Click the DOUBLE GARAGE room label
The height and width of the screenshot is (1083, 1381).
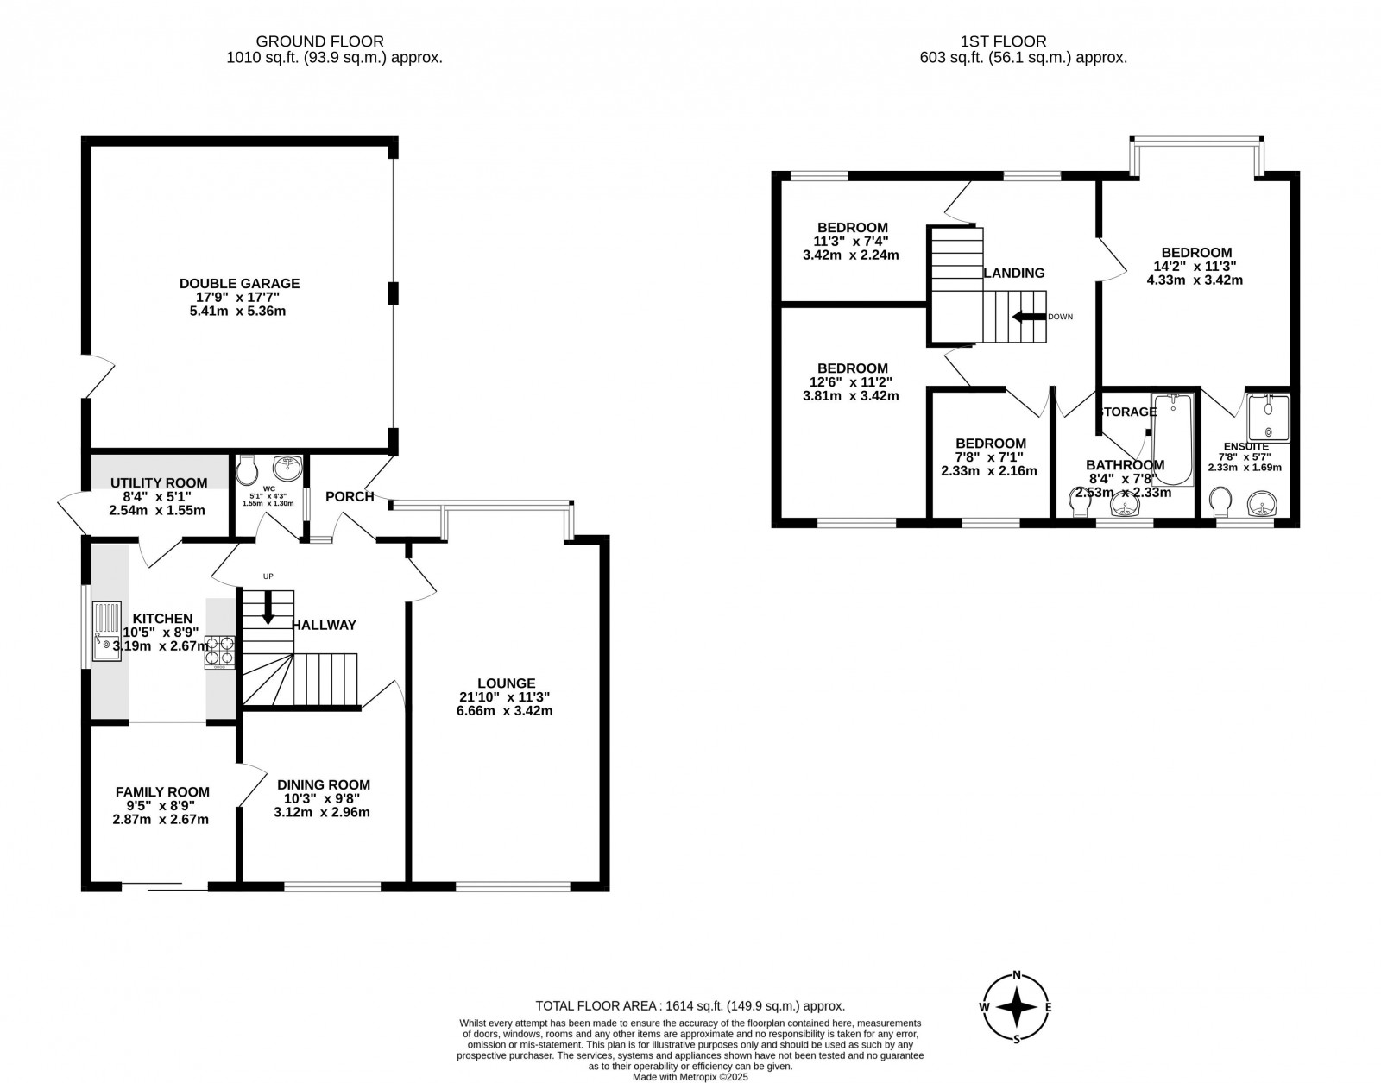[239, 283]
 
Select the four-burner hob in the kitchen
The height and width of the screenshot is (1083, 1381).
[220, 652]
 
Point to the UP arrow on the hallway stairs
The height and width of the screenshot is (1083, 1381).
[268, 607]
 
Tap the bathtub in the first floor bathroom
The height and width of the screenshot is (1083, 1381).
[1172, 440]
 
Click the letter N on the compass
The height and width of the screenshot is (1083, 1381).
[1017, 976]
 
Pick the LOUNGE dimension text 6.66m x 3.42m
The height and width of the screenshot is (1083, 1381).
[505, 711]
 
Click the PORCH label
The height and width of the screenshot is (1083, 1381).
[350, 496]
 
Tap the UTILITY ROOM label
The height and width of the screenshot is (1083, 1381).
[159, 482]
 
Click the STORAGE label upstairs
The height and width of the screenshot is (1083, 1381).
[1127, 412]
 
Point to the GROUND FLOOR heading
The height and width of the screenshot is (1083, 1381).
[320, 41]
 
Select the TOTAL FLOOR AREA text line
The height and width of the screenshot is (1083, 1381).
[690, 1005]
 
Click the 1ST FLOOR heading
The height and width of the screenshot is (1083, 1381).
[1003, 41]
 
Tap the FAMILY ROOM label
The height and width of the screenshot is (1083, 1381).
[162, 791]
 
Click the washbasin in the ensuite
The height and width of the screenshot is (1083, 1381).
[1263, 503]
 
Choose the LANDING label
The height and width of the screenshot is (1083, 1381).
[1015, 273]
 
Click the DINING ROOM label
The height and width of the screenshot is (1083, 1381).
[324, 784]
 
